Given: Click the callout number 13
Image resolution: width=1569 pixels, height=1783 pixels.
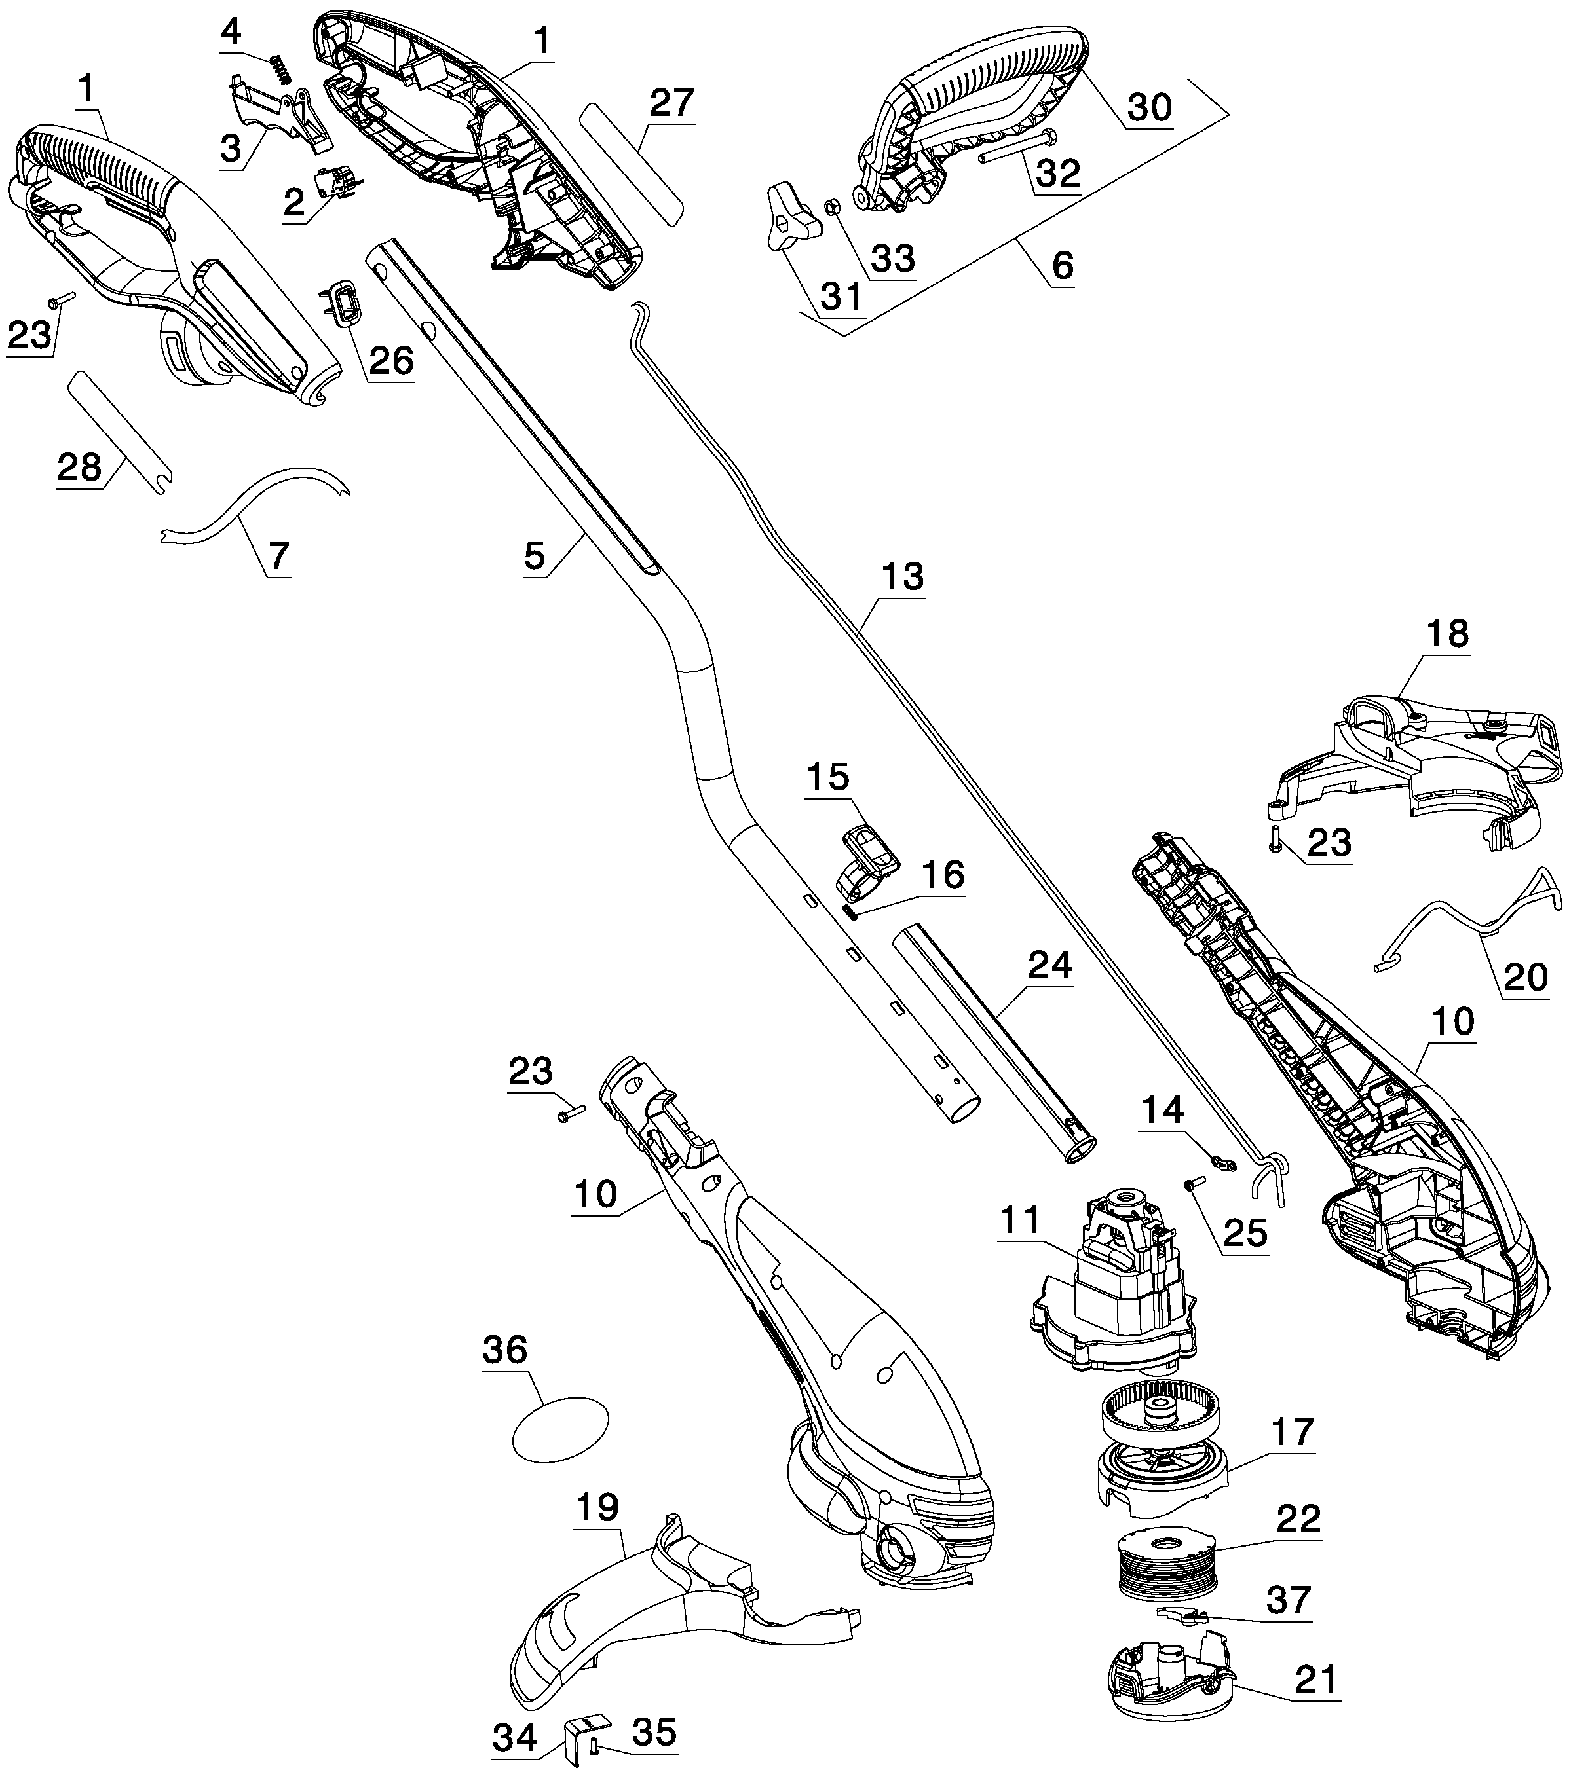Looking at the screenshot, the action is (x=901, y=577).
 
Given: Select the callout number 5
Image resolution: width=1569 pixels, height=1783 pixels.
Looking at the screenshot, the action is (x=534, y=556).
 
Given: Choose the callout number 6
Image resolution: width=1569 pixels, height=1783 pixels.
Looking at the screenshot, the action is (x=1062, y=265).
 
